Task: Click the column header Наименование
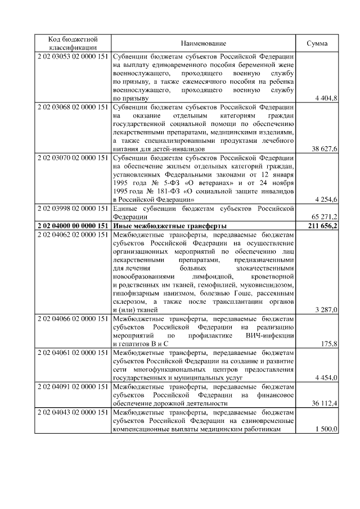click(204, 43)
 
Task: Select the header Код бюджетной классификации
click(73, 43)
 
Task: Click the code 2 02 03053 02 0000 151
click(73, 57)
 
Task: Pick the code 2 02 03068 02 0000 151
click(73, 107)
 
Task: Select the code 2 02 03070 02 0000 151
click(73, 158)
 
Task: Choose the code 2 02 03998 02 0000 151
click(73, 209)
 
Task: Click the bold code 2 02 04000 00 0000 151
click(73, 226)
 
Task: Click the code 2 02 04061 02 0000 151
click(73, 352)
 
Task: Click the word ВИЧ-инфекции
click(270, 335)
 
